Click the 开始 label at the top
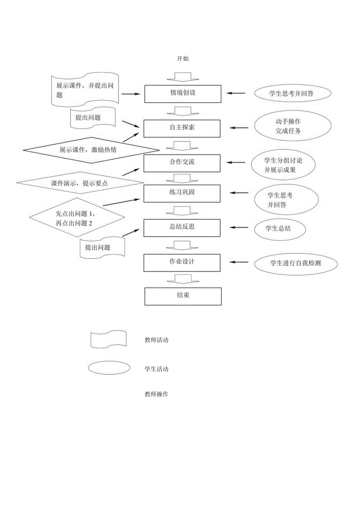pyautogui.click(x=183, y=59)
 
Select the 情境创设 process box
pyautogui.click(x=183, y=94)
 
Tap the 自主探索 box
pyautogui.click(x=183, y=128)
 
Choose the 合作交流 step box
pyautogui.click(x=183, y=163)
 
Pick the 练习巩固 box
pyautogui.click(x=183, y=193)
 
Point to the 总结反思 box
pyautogui.click(x=183, y=228)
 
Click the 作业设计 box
pyautogui.click(x=183, y=263)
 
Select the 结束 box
pyautogui.click(x=183, y=296)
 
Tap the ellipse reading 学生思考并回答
pyautogui.click(x=292, y=94)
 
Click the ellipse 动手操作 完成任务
pyautogui.click(x=292, y=126)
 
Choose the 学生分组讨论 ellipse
pyautogui.click(x=284, y=165)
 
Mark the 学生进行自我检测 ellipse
pyautogui.click(x=295, y=263)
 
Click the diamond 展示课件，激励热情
pyautogui.click(x=91, y=150)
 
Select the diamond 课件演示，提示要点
pyautogui.click(x=80, y=183)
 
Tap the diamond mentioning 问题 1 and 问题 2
pyautogui.click(x=77, y=218)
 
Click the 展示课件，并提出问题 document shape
pyautogui.click(x=85, y=90)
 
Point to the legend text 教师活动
pyautogui.click(x=157, y=340)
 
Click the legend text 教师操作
pyautogui.click(x=157, y=394)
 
